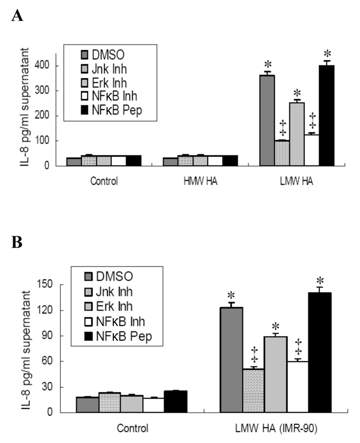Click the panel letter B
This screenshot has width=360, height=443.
[x=16, y=242]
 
